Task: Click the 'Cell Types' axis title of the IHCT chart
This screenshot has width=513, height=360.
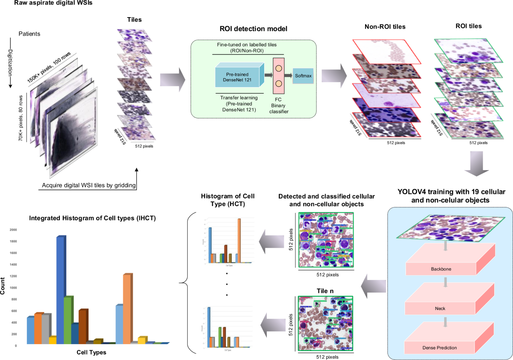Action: [91, 353]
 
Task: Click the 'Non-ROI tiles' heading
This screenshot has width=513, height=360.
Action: [385, 27]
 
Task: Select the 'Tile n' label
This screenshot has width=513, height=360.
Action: [325, 291]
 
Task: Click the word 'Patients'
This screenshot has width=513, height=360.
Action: [30, 34]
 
